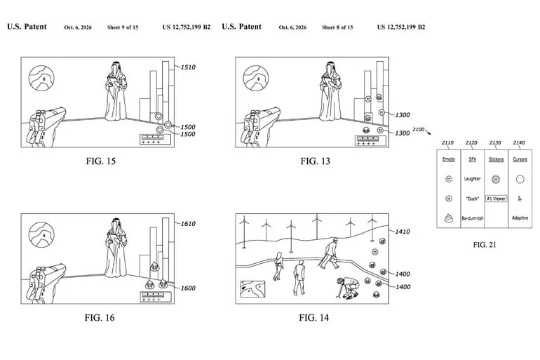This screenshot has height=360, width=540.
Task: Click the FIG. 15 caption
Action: click(100, 161)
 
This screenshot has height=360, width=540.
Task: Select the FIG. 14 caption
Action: click(313, 318)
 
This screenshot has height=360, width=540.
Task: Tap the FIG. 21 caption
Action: click(485, 245)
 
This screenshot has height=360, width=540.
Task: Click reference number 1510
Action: click(188, 67)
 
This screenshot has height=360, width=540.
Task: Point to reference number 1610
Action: click(188, 224)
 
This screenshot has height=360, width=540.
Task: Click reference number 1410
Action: click(403, 232)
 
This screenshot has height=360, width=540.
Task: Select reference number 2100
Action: click(419, 130)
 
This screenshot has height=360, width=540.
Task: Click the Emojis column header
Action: click(448, 159)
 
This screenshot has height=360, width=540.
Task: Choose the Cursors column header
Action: click(520, 159)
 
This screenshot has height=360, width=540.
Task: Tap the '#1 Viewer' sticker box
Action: click(497, 199)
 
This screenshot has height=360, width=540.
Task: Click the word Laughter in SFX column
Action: click(472, 179)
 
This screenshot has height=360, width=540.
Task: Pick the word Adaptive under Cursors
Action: click(520, 218)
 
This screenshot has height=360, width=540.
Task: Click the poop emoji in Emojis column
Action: click(448, 218)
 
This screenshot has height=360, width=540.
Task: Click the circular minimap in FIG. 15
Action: click(41, 78)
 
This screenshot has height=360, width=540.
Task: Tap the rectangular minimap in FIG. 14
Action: click(252, 288)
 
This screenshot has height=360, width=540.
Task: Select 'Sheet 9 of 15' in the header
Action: click(123, 27)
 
